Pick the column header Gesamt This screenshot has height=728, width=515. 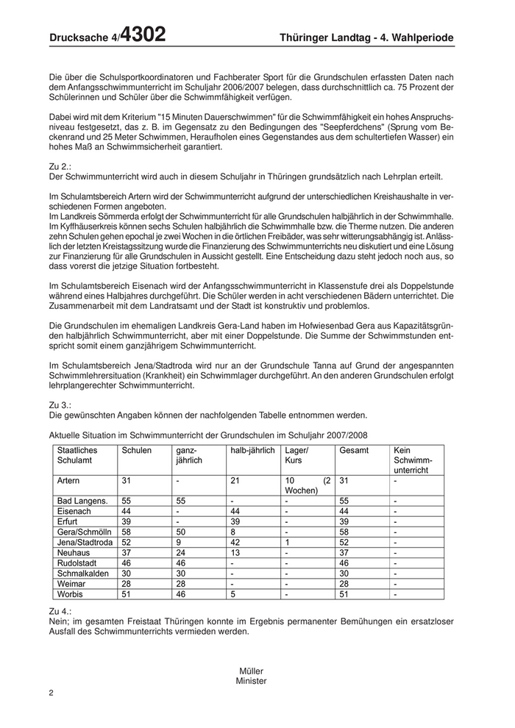354,450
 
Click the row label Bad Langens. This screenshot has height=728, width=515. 82,500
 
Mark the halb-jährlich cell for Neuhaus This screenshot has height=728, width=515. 235,552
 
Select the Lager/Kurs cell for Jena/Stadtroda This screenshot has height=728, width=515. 286,542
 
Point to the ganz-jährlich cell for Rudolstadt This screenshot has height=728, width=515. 181,563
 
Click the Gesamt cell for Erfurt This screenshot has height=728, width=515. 344,521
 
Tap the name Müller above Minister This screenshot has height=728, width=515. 251,671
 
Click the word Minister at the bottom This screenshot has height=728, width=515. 251,681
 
